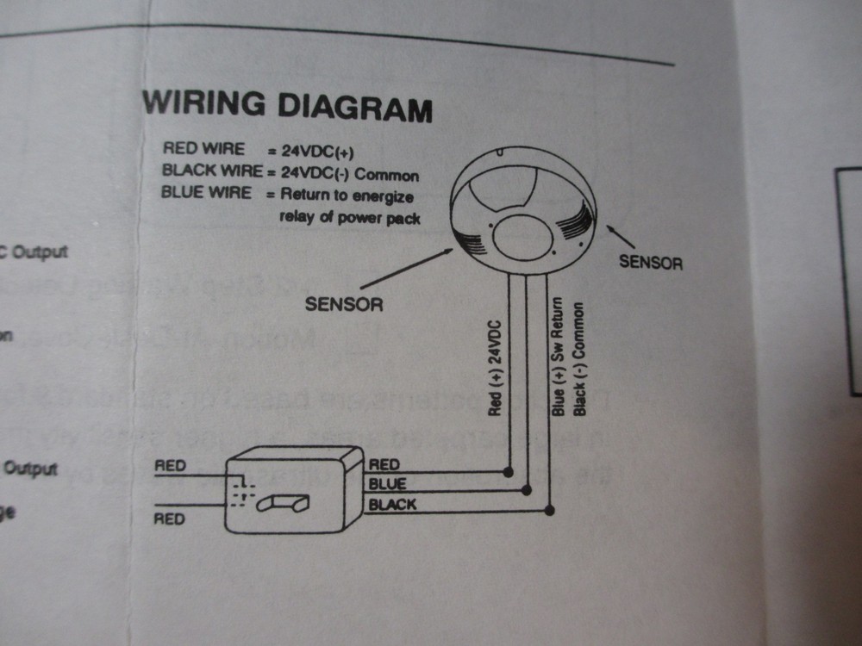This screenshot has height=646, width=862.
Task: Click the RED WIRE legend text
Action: [x=203, y=150]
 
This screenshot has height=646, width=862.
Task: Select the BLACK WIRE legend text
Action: [x=213, y=171]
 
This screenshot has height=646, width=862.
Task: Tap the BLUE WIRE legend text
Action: [x=207, y=192]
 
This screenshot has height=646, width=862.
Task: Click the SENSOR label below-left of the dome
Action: [x=344, y=304]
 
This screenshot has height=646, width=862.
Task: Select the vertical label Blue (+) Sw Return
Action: [x=558, y=357]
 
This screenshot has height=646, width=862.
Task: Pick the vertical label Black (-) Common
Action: [x=579, y=358]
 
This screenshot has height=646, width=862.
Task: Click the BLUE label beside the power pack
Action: [x=387, y=485]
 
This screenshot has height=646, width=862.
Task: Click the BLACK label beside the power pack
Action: [x=392, y=505]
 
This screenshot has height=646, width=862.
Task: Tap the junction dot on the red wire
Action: [x=508, y=472]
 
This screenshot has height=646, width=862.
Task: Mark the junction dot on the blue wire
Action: [x=528, y=491]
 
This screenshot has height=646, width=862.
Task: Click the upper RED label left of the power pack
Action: [x=170, y=467]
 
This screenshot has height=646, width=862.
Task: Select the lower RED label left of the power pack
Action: [x=169, y=519]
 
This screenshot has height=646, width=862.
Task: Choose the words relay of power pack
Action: [x=350, y=218]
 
